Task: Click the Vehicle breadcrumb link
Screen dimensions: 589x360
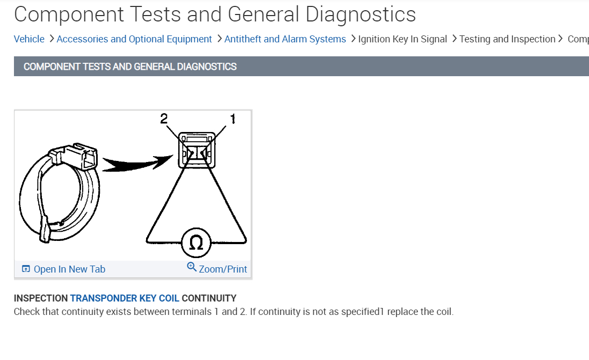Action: (29, 39)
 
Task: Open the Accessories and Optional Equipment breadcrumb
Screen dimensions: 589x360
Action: (134, 39)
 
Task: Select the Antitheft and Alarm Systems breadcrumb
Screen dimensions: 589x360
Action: (285, 39)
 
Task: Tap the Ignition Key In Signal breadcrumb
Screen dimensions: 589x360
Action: (403, 39)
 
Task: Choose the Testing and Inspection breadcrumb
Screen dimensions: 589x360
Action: (507, 39)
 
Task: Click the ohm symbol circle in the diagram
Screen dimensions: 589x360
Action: (197, 243)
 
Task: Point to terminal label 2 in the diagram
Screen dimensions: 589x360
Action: (164, 119)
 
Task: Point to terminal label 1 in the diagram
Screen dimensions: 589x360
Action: (232, 119)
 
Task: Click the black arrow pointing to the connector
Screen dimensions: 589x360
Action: (134, 162)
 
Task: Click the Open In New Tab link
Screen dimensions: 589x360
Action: (69, 269)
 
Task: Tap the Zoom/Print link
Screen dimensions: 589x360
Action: (223, 269)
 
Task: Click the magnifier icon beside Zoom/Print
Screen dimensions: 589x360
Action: (192, 267)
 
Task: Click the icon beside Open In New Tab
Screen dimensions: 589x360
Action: (26, 269)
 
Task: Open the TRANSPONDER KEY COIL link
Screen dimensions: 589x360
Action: (125, 298)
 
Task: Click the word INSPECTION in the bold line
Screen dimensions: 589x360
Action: (41, 298)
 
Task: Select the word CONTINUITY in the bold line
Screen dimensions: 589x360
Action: (209, 298)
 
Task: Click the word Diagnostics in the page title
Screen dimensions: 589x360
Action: (361, 14)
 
